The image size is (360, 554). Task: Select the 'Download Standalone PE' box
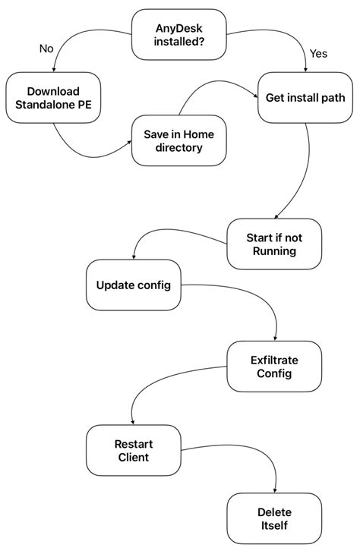coord(53,98)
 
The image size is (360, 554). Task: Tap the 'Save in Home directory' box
coord(178,140)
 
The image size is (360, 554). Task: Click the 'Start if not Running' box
coord(274,243)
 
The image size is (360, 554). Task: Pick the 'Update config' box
coord(134,285)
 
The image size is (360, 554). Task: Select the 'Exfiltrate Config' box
coord(274,367)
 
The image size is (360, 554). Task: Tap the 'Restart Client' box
coord(133,451)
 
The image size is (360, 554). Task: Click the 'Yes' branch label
coord(317,54)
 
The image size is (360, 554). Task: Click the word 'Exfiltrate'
coord(274,360)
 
